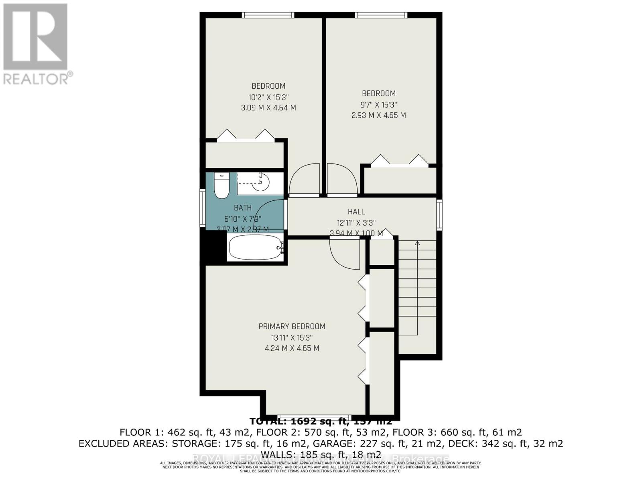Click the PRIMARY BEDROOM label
coord(292,327)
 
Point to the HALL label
coord(356,212)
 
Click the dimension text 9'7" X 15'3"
coord(379,104)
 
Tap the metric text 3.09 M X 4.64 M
coord(268,108)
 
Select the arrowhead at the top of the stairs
coord(417,243)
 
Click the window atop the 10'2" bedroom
coord(268,15)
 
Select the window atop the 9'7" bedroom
coord(381,15)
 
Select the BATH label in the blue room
coord(243,208)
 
